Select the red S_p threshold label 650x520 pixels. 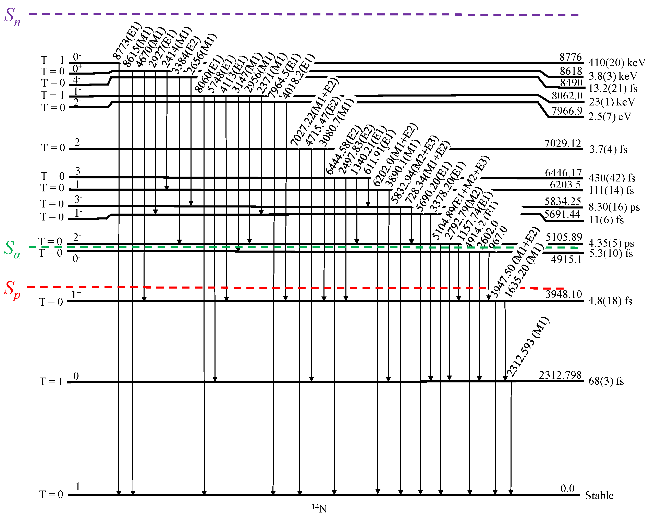[x=12, y=290]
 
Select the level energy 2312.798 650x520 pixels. [x=560, y=375]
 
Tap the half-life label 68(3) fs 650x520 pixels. [x=606, y=381]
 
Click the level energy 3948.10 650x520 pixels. [x=563, y=294]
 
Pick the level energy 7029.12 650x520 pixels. [x=563, y=143]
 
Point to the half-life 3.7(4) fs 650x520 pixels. [x=608, y=149]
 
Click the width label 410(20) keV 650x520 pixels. [x=616, y=63]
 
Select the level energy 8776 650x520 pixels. [x=571, y=57]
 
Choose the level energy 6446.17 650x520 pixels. [x=563, y=173]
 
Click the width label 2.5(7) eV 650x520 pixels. [x=609, y=117]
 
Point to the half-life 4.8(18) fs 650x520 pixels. [x=610, y=301]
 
